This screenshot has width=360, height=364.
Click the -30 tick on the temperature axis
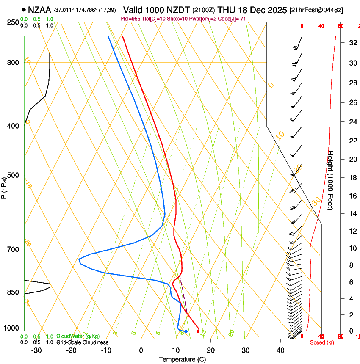pyautogui.click(x=36, y=350)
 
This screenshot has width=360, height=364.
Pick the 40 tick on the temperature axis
pyautogui.click(x=280, y=350)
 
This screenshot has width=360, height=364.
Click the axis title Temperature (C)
pyautogui.click(x=182, y=359)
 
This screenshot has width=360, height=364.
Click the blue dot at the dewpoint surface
pyautogui.click(x=186, y=331)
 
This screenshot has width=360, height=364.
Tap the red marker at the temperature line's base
pyautogui.click(x=198, y=331)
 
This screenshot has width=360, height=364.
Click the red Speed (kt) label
pyautogui.click(x=322, y=342)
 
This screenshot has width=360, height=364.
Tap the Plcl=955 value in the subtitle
pyautogui.click(x=130, y=19)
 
